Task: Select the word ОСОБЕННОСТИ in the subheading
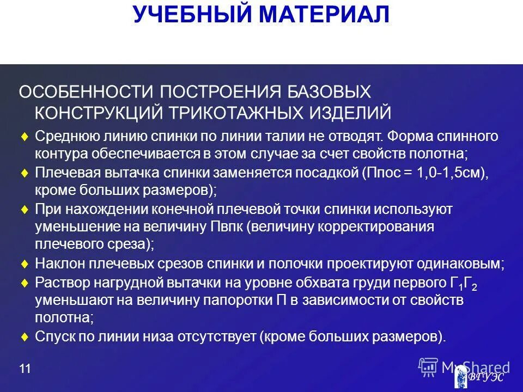point(82,91)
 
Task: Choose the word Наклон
point(57,264)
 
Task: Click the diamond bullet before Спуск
point(23,337)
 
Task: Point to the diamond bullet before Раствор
point(23,283)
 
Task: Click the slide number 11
point(25,370)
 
